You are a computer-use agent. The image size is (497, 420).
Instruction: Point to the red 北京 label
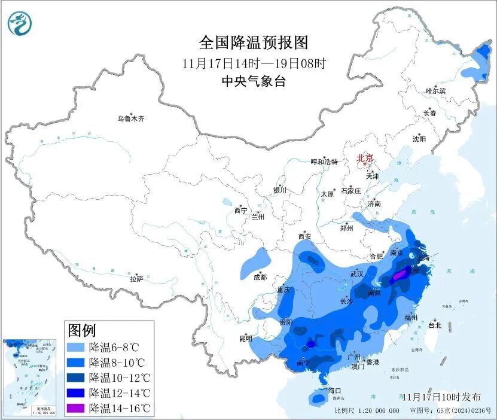(x=365, y=158)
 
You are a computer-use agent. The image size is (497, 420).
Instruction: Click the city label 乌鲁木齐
(x=130, y=119)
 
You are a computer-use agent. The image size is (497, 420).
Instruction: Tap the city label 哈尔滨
(x=435, y=91)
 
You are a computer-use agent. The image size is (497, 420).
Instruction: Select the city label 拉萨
(x=136, y=279)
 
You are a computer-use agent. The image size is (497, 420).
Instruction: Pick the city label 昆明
(x=246, y=339)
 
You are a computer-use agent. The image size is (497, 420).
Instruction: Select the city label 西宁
(x=240, y=211)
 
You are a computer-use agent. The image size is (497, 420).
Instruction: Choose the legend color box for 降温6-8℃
(x=76, y=348)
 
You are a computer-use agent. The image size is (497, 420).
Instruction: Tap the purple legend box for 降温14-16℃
(x=76, y=409)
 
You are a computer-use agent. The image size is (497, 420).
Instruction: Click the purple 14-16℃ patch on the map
(x=398, y=276)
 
